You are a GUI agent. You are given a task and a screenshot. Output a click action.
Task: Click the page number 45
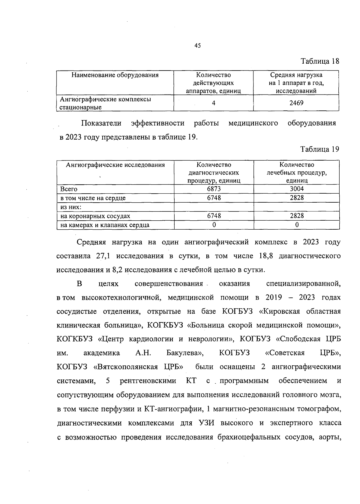pyautogui.click(x=198, y=46)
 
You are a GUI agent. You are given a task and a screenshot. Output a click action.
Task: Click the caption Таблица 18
pyautogui.click(x=320, y=61)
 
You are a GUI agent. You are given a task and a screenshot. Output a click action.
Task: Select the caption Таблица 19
pyautogui.click(x=320, y=149)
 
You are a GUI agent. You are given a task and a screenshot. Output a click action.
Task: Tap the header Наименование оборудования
pyautogui.click(x=115, y=75)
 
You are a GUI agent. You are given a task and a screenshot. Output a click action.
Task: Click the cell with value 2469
pyautogui.click(x=296, y=103)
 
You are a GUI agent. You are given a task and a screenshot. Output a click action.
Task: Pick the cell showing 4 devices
pyautogui.click(x=213, y=103)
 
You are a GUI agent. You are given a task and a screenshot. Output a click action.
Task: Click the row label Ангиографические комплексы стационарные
pyautogui.click(x=105, y=103)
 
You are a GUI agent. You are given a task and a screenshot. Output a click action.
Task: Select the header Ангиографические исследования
pyautogui.click(x=115, y=165)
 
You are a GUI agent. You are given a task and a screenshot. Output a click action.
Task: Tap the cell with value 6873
pyautogui.click(x=214, y=189)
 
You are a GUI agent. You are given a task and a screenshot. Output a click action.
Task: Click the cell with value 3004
pyautogui.click(x=296, y=189)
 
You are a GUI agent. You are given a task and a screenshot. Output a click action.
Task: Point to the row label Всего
pyautogui.click(x=69, y=189)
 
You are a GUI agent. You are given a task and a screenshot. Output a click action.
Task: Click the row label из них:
pyautogui.click(x=71, y=207)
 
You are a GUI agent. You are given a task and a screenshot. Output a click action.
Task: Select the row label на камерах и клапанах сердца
pyautogui.click(x=105, y=225)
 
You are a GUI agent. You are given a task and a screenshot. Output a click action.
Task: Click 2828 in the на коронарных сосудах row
pyautogui.click(x=296, y=216)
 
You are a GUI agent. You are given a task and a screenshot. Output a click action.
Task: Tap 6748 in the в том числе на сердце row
pyautogui.click(x=214, y=198)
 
